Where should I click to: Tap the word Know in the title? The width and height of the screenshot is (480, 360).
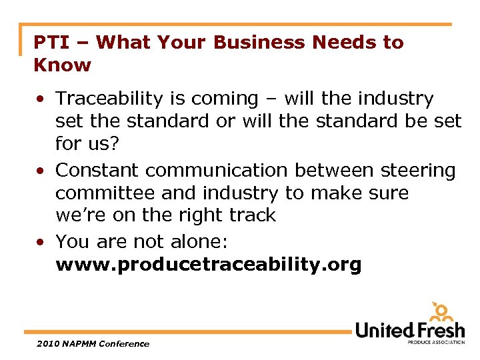click(63, 65)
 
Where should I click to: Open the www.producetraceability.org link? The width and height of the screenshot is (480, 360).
click(209, 265)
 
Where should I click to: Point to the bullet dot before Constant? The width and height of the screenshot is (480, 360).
click(41, 171)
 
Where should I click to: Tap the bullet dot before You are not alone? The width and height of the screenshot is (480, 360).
click(41, 241)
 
